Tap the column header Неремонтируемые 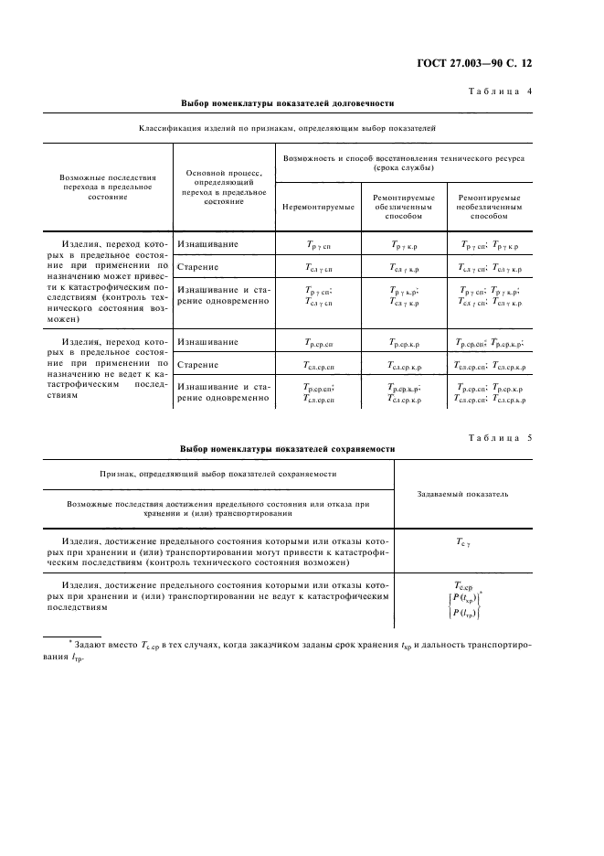click(317, 208)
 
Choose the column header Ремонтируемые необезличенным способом click(489, 208)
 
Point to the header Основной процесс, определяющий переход click(225, 187)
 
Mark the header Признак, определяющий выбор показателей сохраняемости click(218, 475)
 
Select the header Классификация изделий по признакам click(288, 129)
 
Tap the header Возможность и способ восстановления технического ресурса click(403, 163)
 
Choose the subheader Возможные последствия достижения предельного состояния click(218, 508)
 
